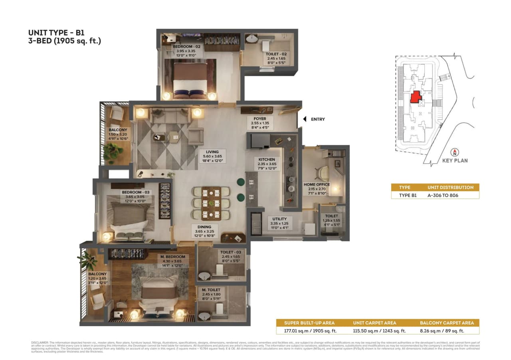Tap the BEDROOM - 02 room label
coord(186,47)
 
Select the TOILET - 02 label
coord(276,53)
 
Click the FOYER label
coord(260,119)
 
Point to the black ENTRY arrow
coord(304,119)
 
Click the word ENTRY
coord(318,119)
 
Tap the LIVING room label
coord(212,152)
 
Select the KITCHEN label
coord(267,159)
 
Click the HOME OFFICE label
coord(317,184)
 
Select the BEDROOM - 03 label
coord(135,192)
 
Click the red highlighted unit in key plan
coord(416,97)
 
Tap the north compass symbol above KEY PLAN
coord(454,152)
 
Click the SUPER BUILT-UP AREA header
coord(309,323)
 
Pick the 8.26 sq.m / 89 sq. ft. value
coord(447,330)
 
